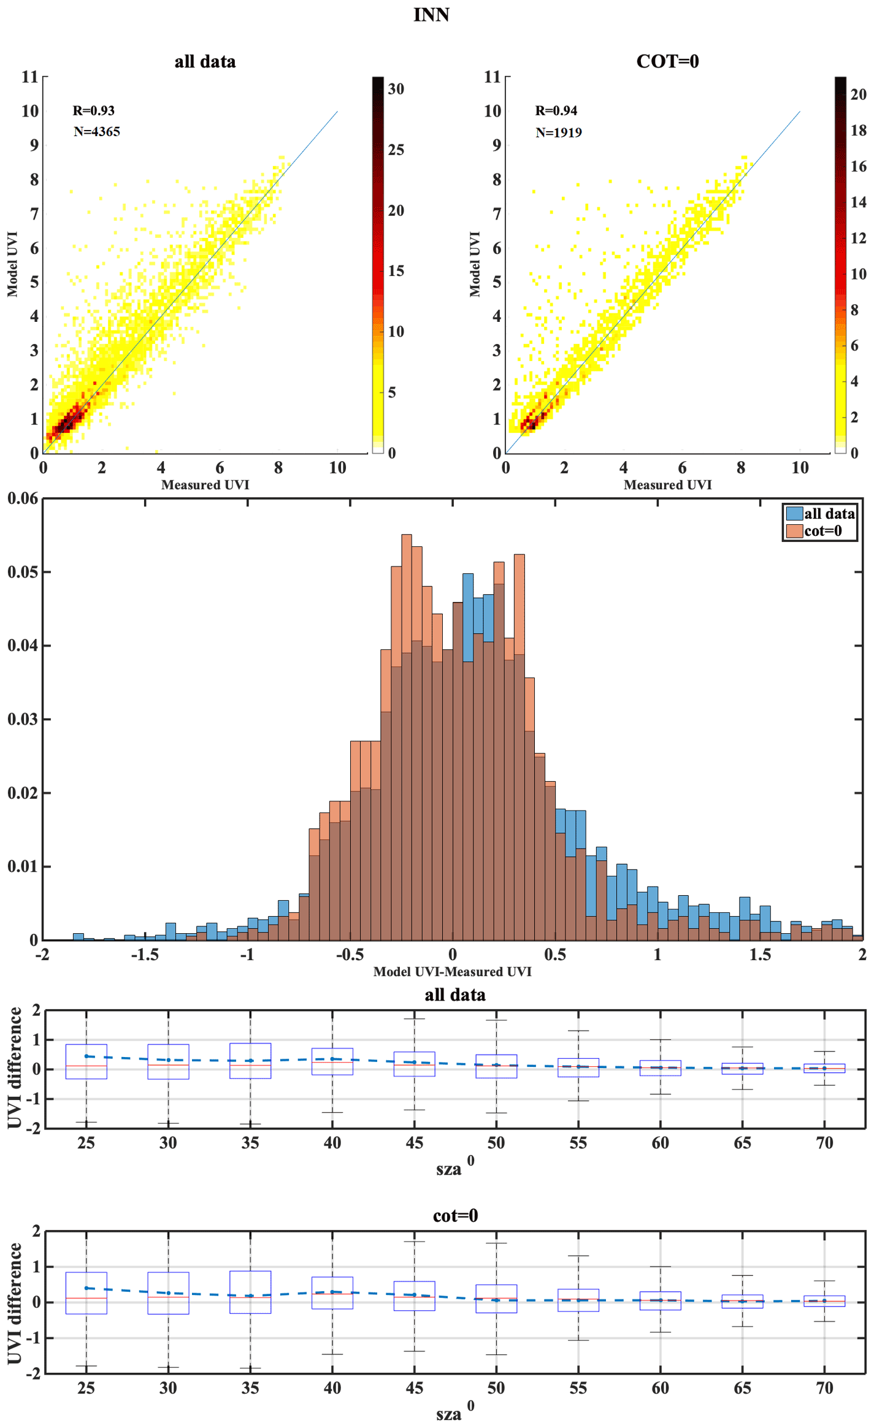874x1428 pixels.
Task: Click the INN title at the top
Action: point(431,15)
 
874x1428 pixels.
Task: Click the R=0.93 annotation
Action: point(93,110)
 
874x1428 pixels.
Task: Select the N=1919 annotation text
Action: point(558,132)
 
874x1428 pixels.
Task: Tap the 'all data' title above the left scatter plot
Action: point(205,61)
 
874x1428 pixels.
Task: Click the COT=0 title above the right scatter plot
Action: point(667,61)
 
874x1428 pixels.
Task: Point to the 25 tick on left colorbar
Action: point(396,150)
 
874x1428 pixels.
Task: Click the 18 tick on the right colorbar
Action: point(858,130)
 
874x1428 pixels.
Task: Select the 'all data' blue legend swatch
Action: point(794,514)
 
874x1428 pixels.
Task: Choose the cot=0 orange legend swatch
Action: point(794,531)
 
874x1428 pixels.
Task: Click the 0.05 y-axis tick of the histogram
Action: point(22,572)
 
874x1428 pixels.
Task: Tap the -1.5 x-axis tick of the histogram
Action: point(145,955)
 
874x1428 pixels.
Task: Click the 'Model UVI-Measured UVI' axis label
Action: point(452,972)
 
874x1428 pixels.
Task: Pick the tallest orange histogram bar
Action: point(406,736)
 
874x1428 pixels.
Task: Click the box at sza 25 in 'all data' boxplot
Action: point(86,1061)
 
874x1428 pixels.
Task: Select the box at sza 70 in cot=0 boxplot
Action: point(824,1300)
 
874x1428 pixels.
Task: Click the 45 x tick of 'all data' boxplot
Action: point(414,1143)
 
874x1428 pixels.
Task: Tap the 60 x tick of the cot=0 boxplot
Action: point(660,1388)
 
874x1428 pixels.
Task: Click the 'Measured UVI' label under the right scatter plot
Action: point(667,485)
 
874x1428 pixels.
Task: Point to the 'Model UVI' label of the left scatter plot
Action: point(12,264)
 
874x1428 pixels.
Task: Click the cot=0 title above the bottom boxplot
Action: point(455,1216)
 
